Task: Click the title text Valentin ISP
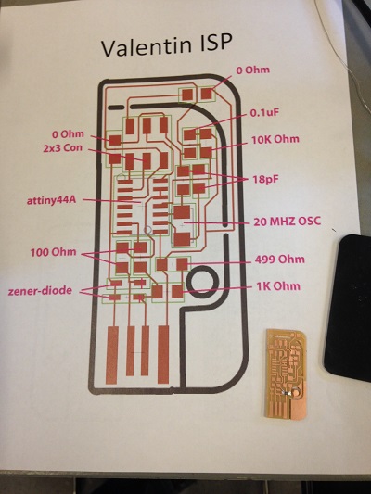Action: [167, 44]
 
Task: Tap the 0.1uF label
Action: [265, 113]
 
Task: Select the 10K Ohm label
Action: [275, 140]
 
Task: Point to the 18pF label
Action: [265, 180]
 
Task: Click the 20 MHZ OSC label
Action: [288, 222]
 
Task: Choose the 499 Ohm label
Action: [279, 260]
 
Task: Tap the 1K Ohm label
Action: [278, 286]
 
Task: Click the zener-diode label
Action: [40, 290]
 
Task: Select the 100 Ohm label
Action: [53, 252]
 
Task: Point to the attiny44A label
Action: [51, 200]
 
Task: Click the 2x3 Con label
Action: [62, 147]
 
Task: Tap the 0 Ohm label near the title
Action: [253, 70]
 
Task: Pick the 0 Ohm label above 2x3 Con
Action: [68, 134]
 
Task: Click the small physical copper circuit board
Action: [286, 374]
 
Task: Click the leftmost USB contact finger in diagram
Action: [112, 355]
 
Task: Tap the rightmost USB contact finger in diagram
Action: [163, 354]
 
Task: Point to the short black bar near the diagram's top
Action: [116, 108]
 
